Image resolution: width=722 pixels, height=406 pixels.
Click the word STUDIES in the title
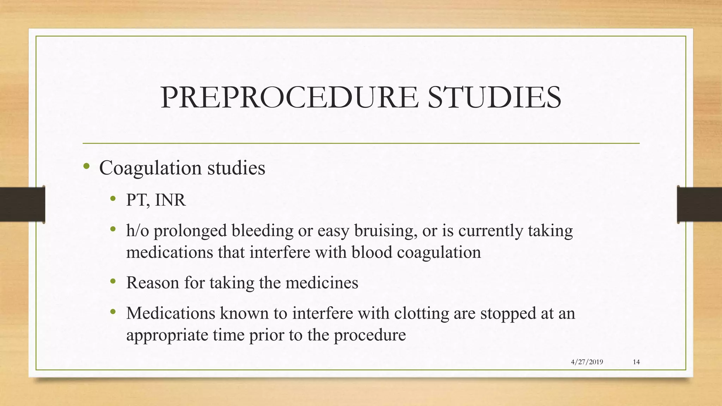coord(494,97)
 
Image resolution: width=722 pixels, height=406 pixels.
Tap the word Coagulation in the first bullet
coord(150,168)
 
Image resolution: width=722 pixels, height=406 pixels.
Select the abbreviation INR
coord(170,200)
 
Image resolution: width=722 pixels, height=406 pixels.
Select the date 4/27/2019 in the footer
coord(587,362)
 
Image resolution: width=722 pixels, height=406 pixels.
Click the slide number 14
coord(636,362)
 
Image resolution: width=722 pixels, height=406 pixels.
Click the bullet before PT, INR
coord(113,199)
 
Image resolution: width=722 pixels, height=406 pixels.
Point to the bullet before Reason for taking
coord(113,281)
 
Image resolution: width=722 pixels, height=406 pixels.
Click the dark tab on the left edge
coord(22,204)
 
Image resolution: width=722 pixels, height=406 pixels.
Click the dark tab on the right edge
coord(699,204)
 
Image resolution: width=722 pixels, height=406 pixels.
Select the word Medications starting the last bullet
coord(171,313)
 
